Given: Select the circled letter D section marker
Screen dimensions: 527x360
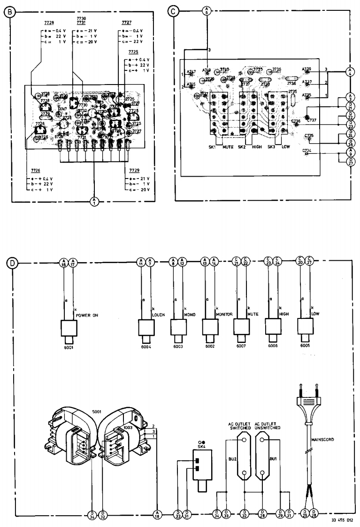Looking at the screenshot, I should coord(10,262).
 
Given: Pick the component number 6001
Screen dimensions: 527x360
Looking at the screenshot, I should coord(69,348).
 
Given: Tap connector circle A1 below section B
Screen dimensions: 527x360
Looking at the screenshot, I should coord(93,202).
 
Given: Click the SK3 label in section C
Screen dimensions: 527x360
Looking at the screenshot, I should coord(270,147).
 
